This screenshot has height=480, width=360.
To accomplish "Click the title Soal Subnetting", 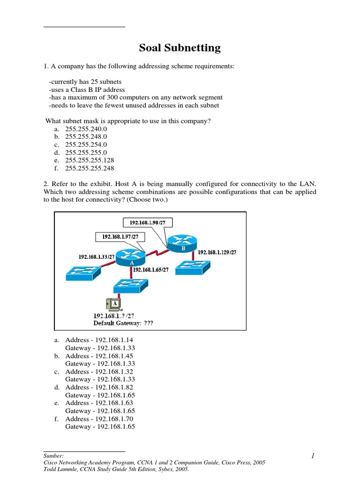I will [180, 48].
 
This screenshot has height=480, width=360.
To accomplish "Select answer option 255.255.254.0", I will [86, 144].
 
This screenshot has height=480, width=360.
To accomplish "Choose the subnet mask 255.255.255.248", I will [90, 168].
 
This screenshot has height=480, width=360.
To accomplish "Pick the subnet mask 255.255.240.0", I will [86, 128].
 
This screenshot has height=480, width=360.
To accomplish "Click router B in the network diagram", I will [180, 242].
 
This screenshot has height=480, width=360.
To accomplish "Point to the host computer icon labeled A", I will [114, 305].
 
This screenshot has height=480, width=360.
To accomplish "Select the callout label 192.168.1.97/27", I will [120, 237].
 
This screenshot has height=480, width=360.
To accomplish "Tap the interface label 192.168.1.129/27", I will [217, 252].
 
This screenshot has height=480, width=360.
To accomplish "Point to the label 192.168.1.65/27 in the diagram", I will [152, 270].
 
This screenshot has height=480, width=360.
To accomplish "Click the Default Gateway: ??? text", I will [123, 323].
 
